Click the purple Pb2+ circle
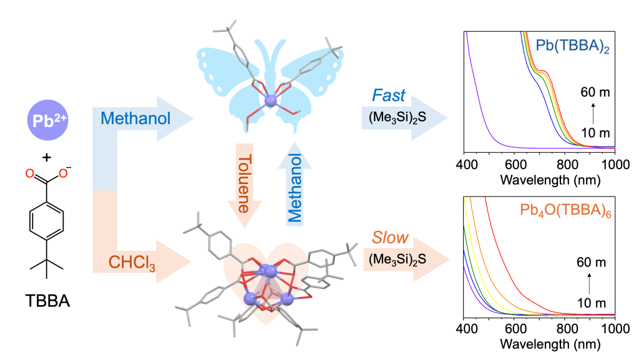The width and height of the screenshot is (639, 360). (46, 121)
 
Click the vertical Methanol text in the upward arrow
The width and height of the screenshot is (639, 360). (293, 188)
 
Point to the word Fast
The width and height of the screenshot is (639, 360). (389, 96)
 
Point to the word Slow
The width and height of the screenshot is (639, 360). (390, 238)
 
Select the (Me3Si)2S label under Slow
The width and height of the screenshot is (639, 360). (397, 258)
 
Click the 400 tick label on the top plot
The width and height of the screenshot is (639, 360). (468, 165)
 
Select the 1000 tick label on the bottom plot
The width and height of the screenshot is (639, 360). (614, 329)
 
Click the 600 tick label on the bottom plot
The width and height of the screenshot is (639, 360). (516, 329)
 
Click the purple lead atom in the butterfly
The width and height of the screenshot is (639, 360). (270, 100)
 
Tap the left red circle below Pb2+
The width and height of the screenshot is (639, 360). (29, 173)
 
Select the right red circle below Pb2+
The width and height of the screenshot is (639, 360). (62, 173)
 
